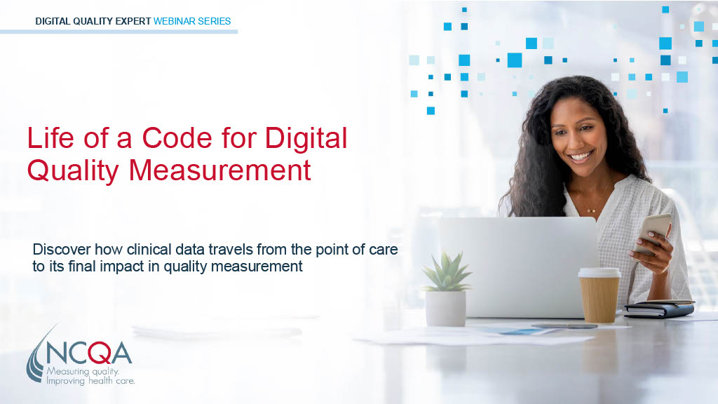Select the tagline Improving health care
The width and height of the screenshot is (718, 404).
pyautogui.click(x=90, y=380)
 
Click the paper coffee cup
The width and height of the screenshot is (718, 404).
pyautogui.click(x=600, y=295)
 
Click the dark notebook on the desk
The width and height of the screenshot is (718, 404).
pyautogui.click(x=658, y=309)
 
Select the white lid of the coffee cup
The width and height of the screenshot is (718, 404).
pyautogui.click(x=600, y=272)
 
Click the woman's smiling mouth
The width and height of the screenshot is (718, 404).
pyautogui.click(x=581, y=156)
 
